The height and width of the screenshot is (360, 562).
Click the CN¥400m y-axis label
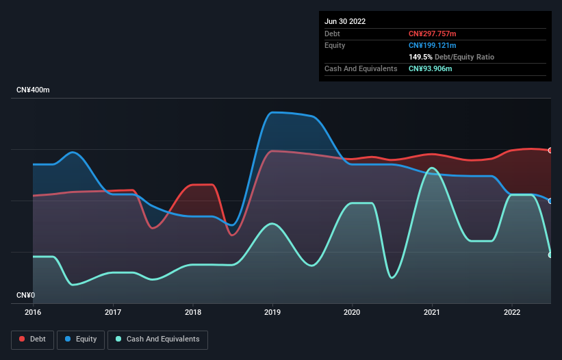click(x=34, y=90)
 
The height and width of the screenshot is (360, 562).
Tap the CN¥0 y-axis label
click(x=25, y=296)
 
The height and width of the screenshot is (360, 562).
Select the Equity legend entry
click(x=81, y=339)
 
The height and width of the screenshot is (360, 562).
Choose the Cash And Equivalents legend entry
click(x=157, y=339)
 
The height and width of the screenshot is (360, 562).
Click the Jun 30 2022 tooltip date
click(x=345, y=21)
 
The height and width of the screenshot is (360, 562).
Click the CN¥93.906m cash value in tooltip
click(x=431, y=68)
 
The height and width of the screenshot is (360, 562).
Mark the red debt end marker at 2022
click(x=550, y=150)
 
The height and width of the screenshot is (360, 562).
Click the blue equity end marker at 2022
click(x=550, y=201)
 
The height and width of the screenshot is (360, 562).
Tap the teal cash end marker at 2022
click(x=550, y=255)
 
